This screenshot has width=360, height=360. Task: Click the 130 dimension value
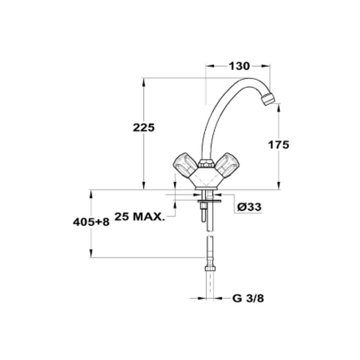click(x=239, y=66)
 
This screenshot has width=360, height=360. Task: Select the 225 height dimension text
click(x=144, y=127)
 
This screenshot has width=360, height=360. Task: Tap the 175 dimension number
click(x=279, y=145)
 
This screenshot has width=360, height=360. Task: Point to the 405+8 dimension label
click(x=91, y=222)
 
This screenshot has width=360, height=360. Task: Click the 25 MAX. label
click(x=140, y=216)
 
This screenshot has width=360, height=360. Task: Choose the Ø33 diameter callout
click(x=249, y=207)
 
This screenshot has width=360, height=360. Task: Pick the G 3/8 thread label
click(x=248, y=298)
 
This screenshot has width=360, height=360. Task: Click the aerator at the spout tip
click(x=268, y=99)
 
